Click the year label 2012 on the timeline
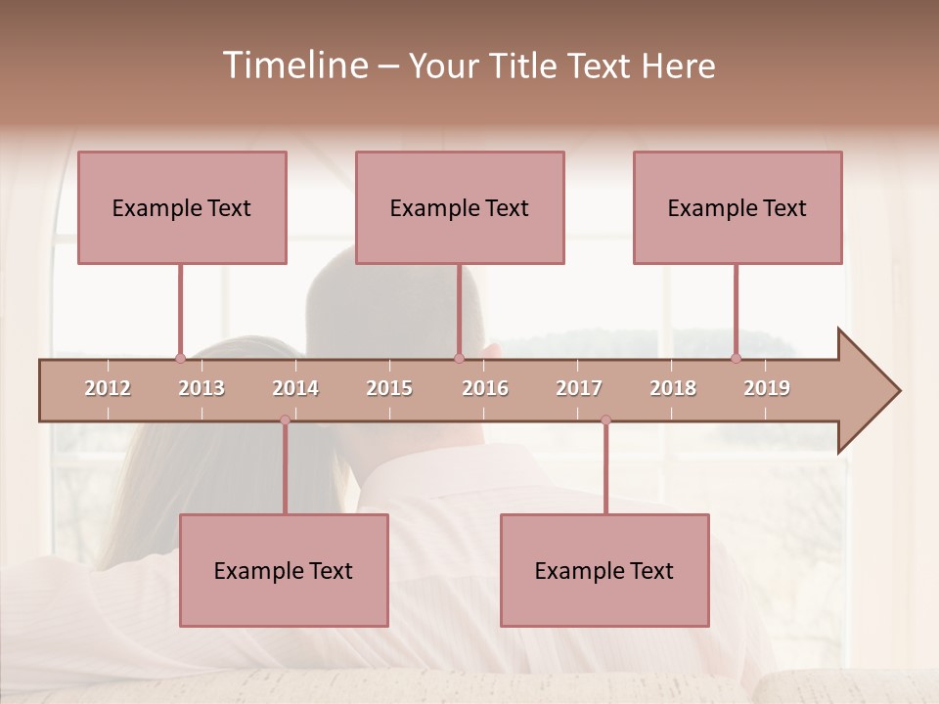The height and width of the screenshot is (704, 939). tap(108, 388)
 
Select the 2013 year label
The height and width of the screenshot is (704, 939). tap(201, 388)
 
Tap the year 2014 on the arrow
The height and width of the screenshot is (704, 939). tap(295, 388)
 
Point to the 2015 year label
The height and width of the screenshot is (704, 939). tap(389, 388)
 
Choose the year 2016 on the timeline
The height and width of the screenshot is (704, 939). tap(485, 388)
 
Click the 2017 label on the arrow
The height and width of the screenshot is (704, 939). tap(579, 388)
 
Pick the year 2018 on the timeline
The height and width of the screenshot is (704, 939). tap(673, 388)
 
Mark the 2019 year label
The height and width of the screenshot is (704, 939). tap(767, 388)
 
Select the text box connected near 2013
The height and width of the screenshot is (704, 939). tap(182, 207)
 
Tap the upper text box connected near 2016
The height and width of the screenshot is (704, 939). tap(460, 207)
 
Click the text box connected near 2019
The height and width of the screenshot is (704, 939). tap(738, 207)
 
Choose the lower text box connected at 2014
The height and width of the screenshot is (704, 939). tap(284, 570)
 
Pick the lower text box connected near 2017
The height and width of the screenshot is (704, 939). tap(604, 570)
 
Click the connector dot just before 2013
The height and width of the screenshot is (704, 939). tap(180, 359)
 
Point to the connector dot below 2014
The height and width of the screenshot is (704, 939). tap(285, 420)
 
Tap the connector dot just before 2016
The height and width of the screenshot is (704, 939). tap(459, 359)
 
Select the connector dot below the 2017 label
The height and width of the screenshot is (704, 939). tap(605, 420)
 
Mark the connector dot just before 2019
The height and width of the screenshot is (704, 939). tap(736, 359)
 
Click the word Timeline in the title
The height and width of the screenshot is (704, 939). tap(293, 66)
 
